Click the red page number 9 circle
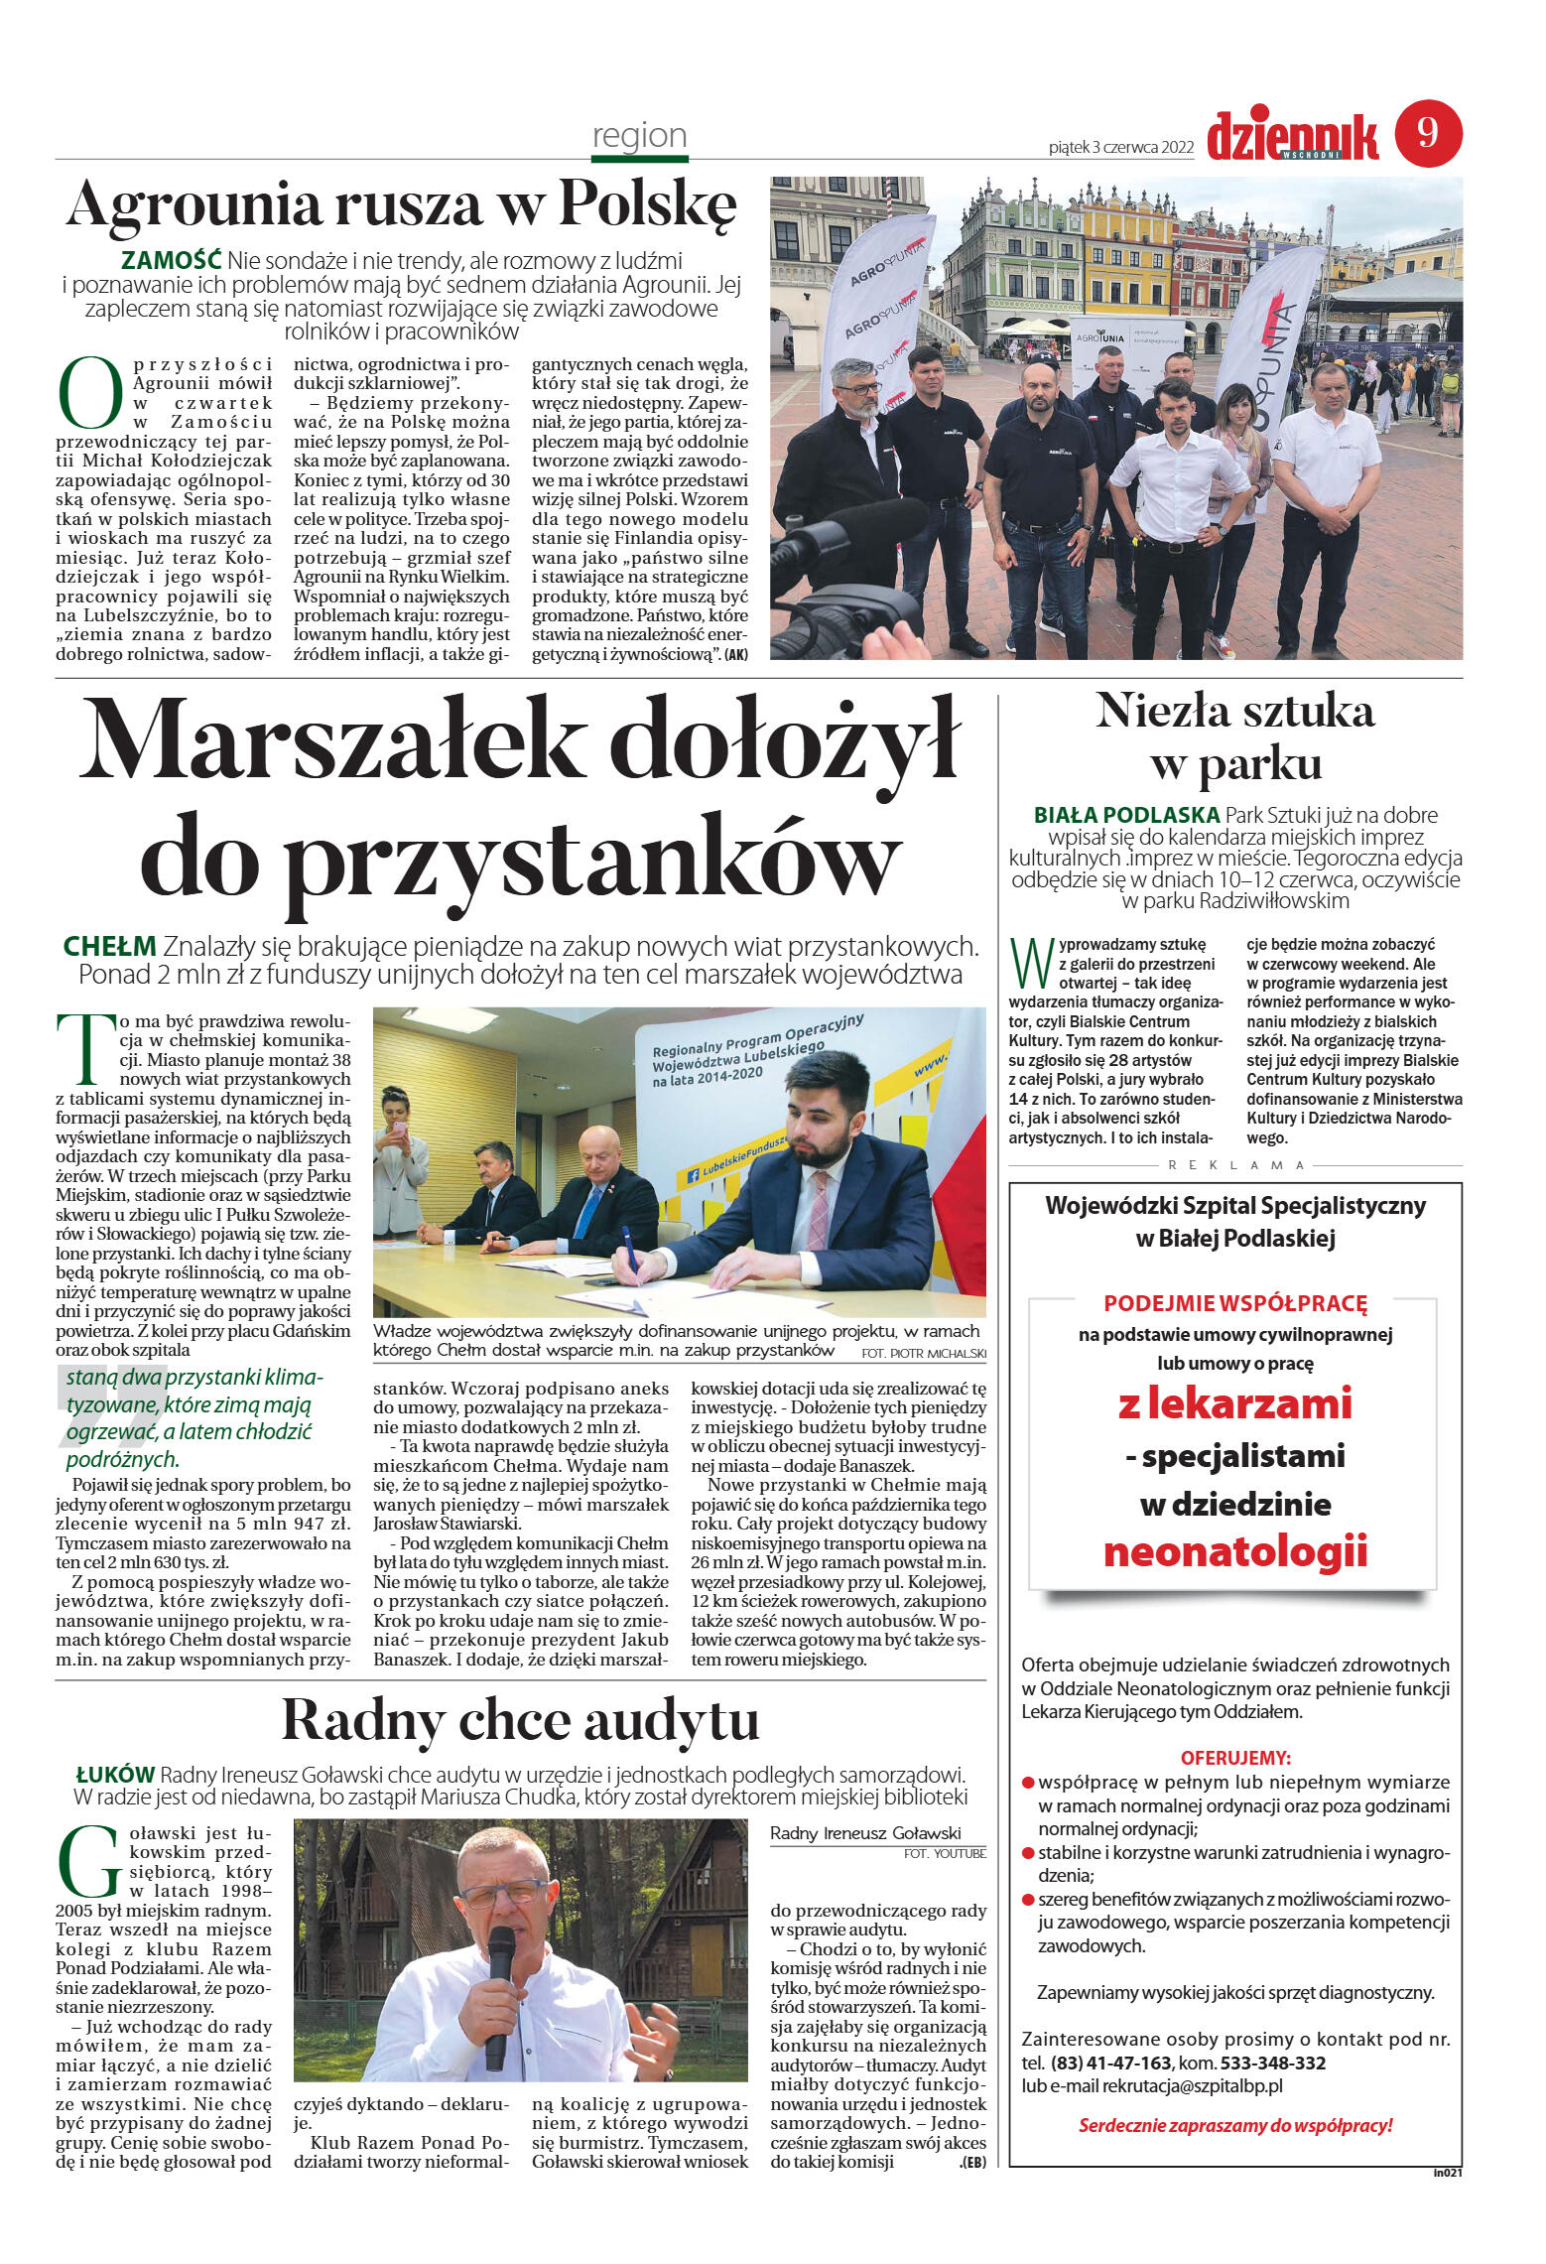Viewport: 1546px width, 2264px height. (1428, 133)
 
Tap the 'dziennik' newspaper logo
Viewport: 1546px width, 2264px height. (1292, 136)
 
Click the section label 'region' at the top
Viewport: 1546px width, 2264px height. (639, 135)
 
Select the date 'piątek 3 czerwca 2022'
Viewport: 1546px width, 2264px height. (1120, 148)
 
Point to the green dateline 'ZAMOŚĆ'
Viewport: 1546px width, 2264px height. (171, 261)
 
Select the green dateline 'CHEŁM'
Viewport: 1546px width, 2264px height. (109, 947)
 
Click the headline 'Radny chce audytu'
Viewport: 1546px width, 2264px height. (521, 1720)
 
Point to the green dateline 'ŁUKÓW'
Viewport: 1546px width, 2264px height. (115, 1775)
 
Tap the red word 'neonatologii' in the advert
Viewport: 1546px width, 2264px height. (1235, 1551)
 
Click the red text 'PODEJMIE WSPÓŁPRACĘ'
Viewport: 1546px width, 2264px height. (1235, 1303)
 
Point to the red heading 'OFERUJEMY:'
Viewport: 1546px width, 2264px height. (1235, 1757)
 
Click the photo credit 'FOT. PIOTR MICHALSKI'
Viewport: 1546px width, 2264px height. (924, 1354)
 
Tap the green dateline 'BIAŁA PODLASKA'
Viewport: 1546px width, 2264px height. (1126, 815)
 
